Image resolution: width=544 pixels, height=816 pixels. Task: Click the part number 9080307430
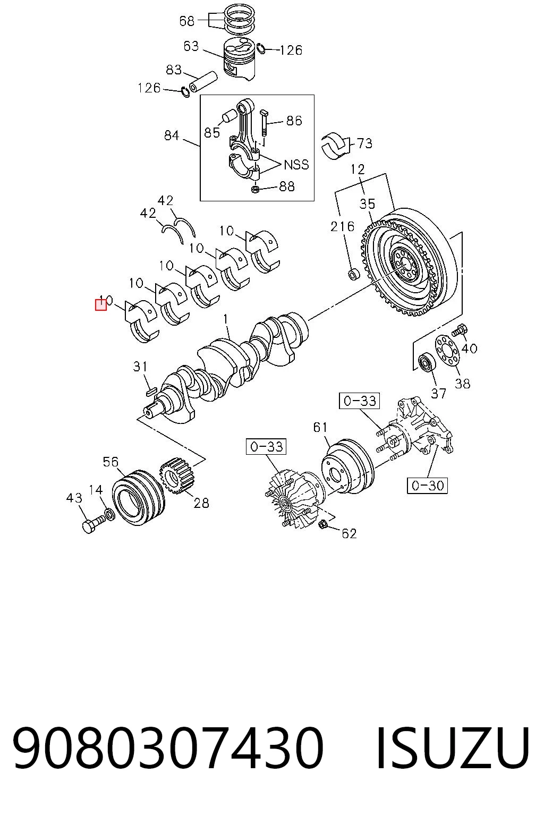[168, 747]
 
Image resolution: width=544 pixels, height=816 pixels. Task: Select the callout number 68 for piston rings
[186, 21]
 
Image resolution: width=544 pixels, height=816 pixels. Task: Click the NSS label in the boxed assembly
[296, 165]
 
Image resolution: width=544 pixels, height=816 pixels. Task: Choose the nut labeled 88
[256, 189]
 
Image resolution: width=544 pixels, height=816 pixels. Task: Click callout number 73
[365, 143]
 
